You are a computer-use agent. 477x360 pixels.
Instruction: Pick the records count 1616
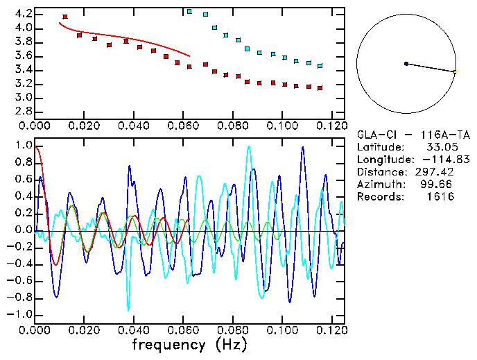pos(440,197)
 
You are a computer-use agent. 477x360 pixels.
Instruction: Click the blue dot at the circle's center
pos(406,64)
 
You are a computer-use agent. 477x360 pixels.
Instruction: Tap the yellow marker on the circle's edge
pos(455,71)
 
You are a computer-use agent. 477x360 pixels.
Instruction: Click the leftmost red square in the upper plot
pos(65,17)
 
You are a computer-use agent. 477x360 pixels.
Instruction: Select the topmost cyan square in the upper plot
pos(190,11)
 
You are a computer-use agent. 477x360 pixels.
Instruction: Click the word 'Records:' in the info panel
pos(379,197)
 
